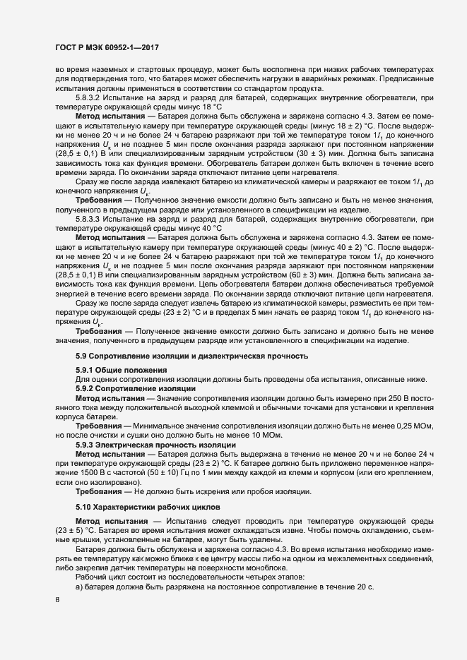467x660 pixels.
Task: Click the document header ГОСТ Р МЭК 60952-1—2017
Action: pyautogui.click(x=106, y=47)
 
